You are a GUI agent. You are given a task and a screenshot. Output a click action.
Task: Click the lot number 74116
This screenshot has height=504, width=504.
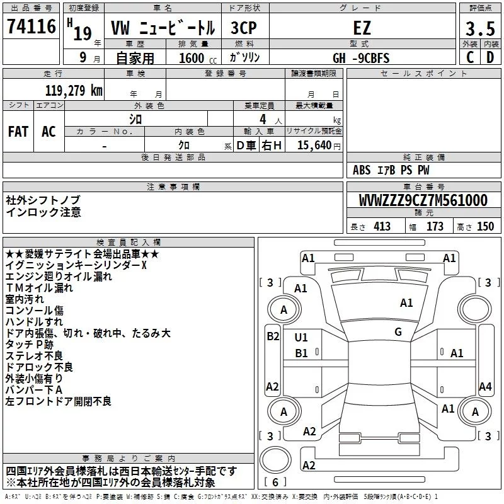pyautogui.click(x=31, y=26)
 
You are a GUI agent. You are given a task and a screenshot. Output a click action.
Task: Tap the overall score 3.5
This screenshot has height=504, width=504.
pyautogui.click(x=480, y=28)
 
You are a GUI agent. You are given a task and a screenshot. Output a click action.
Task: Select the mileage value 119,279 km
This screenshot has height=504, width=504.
pyautogui.click(x=74, y=90)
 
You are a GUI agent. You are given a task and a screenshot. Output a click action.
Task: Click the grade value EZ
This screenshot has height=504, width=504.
pyautogui.click(x=362, y=28)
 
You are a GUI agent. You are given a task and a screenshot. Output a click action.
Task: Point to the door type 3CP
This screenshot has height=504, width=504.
pyautogui.click(x=244, y=28)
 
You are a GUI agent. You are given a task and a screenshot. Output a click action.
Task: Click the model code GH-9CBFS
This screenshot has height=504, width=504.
pyautogui.click(x=361, y=58)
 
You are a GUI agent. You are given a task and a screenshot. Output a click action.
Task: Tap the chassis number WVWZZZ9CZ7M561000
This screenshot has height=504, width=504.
pyautogui.click(x=423, y=200)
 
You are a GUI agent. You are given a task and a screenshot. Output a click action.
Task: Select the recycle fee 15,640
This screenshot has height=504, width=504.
pyautogui.click(x=314, y=145)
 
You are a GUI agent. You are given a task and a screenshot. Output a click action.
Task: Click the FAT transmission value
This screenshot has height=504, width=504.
pyautogui.click(x=18, y=132)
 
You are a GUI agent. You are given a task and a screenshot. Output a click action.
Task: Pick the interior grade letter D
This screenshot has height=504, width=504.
pyautogui.click(x=490, y=57)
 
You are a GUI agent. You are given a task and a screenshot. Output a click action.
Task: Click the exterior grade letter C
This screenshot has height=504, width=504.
pyautogui.click(x=470, y=57)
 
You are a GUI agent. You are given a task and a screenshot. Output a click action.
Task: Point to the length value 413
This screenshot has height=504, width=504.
pyautogui.click(x=382, y=227)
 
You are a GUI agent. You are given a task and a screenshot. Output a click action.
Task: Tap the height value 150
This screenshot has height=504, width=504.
pyautogui.click(x=485, y=227)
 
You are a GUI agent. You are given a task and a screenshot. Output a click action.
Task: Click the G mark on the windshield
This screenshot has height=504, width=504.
pyautogui.click(x=398, y=332)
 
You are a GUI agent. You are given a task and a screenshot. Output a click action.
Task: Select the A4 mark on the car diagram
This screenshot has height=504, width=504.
pyautogui.click(x=485, y=387)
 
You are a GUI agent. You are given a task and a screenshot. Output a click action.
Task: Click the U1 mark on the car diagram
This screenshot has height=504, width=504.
pyautogui.click(x=301, y=338)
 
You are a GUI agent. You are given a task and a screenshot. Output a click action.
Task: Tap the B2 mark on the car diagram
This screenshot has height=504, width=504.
pyautogui.click(x=273, y=336)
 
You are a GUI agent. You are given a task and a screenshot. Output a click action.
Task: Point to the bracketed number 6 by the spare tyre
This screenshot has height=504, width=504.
pyautogui.click(x=275, y=482)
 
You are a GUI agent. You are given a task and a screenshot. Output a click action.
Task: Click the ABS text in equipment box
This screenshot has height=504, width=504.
pyautogui.click(x=362, y=170)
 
